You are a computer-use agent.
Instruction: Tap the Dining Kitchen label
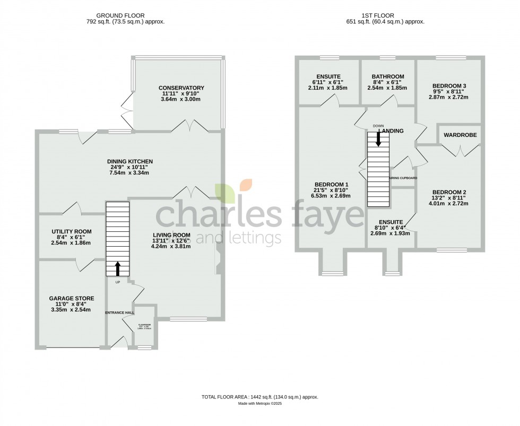[129, 161]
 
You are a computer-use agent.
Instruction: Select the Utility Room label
[72, 232]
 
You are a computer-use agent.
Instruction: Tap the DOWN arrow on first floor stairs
[378, 139]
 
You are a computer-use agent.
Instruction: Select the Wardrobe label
[460, 135]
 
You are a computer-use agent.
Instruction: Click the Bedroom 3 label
[449, 86]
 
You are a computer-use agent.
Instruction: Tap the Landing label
[391, 131]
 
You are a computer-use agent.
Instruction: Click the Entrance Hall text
[119, 313]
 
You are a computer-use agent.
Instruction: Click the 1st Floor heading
[384, 15]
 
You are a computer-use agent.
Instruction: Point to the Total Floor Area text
[259, 397]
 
